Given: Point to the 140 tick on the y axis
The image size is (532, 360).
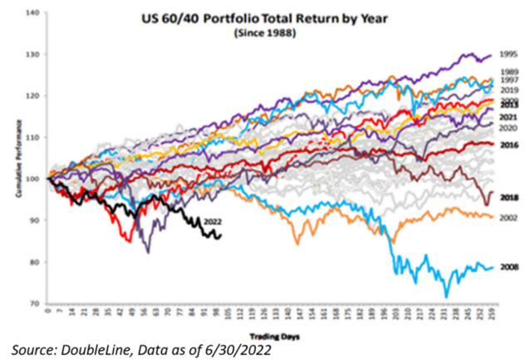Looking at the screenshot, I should click(x=34, y=13).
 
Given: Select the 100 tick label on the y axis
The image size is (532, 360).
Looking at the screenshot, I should click(x=34, y=179).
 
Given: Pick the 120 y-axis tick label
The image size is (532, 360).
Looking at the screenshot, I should click(x=34, y=96).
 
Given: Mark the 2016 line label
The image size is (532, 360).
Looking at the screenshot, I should click(x=510, y=144).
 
